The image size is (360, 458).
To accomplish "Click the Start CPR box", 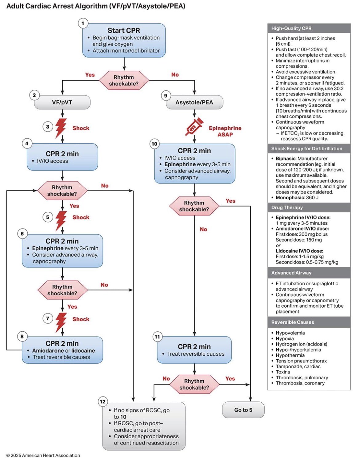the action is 124,40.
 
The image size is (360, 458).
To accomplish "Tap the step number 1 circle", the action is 83,23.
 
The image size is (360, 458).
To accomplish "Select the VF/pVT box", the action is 62,102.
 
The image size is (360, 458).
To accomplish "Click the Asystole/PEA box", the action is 194,102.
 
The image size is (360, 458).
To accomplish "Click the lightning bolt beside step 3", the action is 61,128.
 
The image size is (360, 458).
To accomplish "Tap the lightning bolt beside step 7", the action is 61,322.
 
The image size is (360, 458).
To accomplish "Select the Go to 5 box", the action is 243,410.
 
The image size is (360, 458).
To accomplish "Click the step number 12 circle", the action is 103,401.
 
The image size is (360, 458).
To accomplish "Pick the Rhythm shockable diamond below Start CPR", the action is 124,80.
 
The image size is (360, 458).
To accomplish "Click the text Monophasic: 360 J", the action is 297,197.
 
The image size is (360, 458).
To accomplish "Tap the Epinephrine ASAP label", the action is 225,131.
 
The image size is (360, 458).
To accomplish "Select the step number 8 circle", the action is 22,337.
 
